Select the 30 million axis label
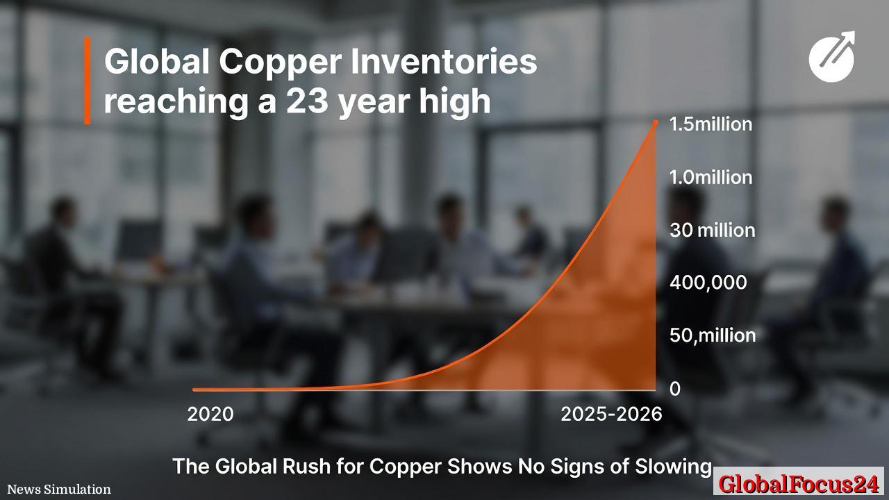coord(712,230)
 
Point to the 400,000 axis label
coord(708,283)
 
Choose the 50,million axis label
coord(712,335)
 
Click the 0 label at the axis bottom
coord(674,389)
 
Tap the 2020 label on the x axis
coord(210,415)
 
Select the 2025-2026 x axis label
coord(611,415)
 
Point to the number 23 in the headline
coord(306,102)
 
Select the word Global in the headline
coord(157,62)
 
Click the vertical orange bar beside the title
coord(88,81)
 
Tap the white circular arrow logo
coord(832,56)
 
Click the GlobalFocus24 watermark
coord(799,483)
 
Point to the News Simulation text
coord(59,490)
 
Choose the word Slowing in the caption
coord(674,466)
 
